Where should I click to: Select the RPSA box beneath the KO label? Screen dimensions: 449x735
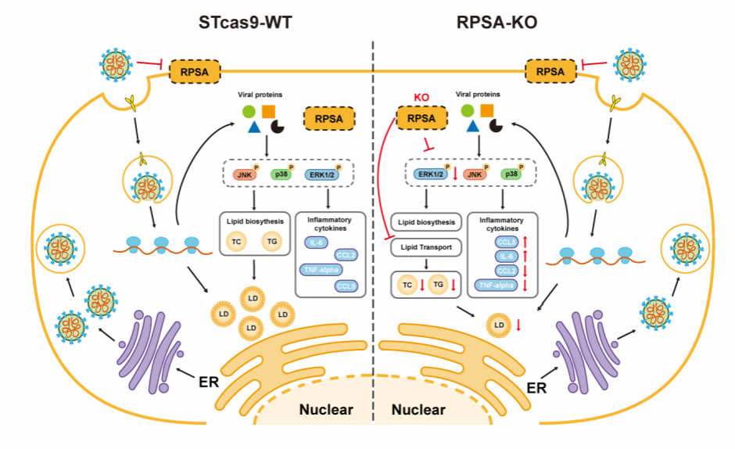point(422,119)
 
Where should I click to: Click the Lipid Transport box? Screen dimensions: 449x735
point(426,246)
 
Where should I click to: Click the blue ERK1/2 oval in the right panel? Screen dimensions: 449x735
point(430,175)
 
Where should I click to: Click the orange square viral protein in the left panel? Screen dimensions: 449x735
point(268,111)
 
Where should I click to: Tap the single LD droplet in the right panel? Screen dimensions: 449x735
point(497,322)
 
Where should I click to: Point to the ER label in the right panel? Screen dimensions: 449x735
point(536,386)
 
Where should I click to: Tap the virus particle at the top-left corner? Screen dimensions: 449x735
point(115,62)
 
